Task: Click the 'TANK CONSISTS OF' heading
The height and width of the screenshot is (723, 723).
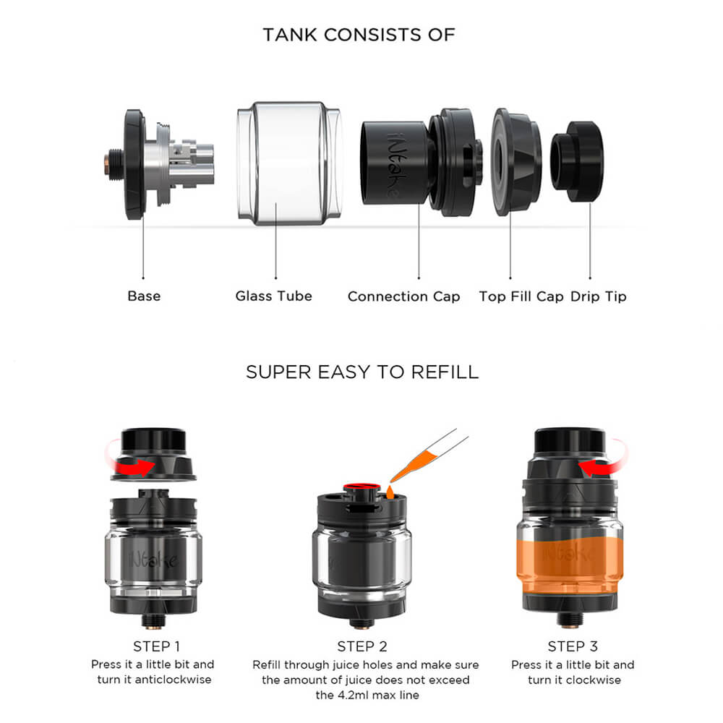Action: (359, 35)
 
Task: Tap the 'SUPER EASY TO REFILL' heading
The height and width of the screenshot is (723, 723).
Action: (362, 372)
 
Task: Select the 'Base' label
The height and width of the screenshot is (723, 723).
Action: (144, 296)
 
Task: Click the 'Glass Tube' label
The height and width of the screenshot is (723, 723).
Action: (273, 296)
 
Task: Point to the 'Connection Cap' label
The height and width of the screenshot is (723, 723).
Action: (403, 296)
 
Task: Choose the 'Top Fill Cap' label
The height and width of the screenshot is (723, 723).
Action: (521, 296)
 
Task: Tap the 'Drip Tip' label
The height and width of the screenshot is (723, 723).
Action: (598, 296)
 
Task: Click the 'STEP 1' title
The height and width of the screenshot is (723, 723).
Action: (156, 646)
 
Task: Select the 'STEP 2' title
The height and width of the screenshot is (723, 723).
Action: (362, 646)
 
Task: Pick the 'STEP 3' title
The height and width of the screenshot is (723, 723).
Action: (572, 646)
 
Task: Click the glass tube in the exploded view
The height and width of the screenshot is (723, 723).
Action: (289, 163)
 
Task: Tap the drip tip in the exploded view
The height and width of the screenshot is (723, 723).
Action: (577, 161)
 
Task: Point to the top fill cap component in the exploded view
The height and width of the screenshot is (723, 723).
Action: (516, 162)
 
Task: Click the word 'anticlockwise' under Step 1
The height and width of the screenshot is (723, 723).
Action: (173, 680)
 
